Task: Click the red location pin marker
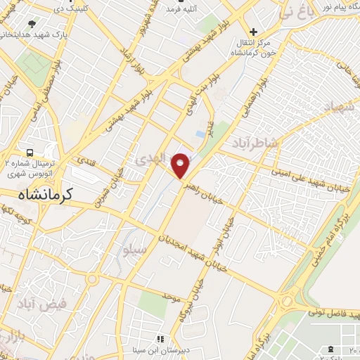coord(181,165)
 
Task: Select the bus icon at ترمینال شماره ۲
coord(30,153)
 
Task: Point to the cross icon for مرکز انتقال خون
coord(253,32)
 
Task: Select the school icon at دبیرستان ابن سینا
coord(160,340)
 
